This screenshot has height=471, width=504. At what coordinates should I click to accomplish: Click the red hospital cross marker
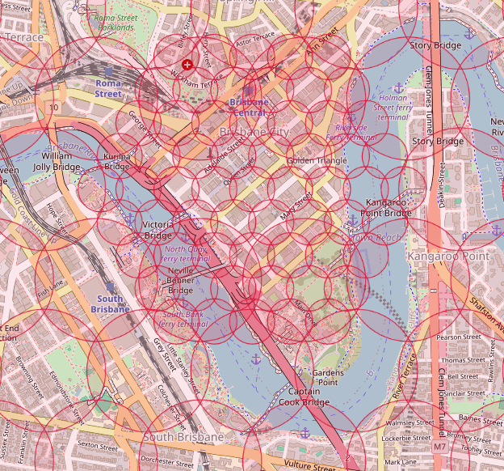pos(187,64)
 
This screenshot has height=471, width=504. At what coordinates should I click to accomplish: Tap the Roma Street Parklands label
pos(121,22)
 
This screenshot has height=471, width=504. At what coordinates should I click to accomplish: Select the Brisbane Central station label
pos(248,107)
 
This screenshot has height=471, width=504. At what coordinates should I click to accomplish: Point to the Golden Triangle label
pos(317,160)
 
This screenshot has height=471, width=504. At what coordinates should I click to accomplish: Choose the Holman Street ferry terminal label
pos(393,107)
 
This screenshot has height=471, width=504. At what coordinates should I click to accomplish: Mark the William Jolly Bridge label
pos(56,160)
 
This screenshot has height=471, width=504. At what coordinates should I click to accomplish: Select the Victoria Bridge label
pos(157,230)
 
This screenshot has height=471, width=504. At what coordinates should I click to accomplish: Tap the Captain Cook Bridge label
pos(304,397)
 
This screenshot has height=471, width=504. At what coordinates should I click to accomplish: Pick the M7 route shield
pos(439,446)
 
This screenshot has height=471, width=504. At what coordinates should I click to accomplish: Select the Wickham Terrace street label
pos(196,78)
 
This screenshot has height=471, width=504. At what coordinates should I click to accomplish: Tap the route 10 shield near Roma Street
pos(53,107)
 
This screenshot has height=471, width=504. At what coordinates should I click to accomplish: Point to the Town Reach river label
pos(372,238)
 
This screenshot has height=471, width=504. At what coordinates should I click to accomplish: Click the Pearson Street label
pos(458,336)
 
